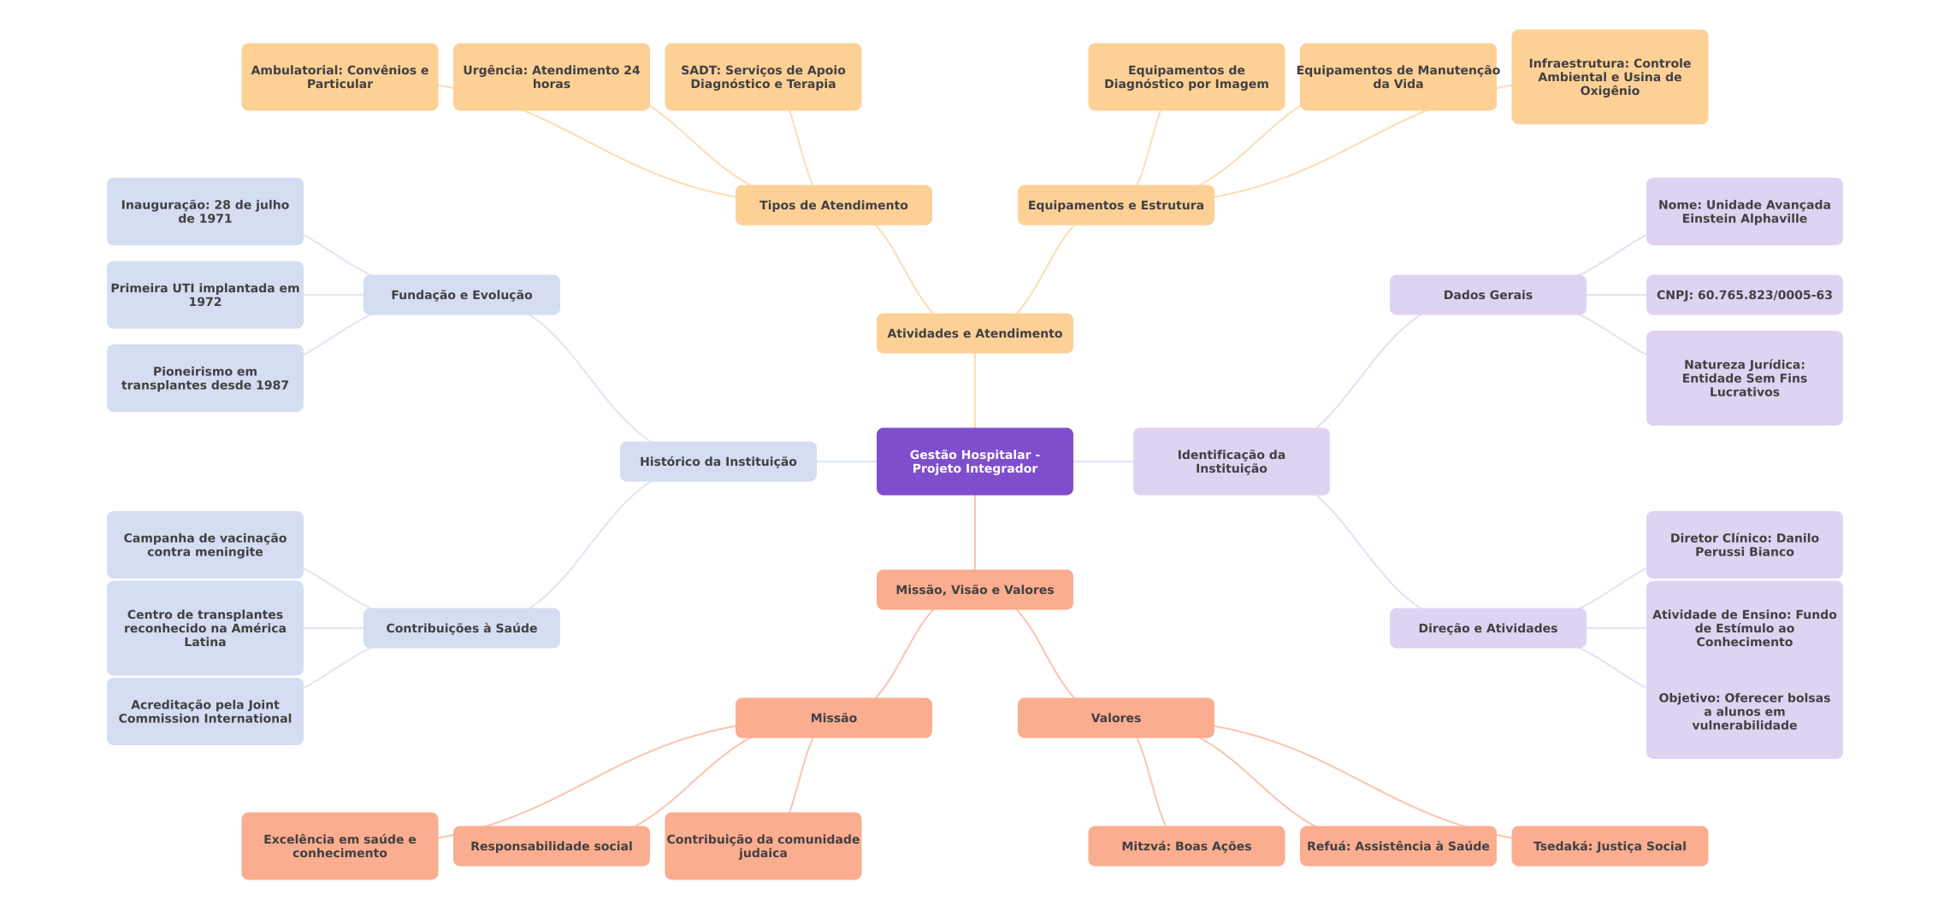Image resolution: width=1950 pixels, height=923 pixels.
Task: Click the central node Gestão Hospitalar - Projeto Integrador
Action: point(974,461)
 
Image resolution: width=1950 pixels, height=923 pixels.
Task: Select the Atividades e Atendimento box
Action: point(974,333)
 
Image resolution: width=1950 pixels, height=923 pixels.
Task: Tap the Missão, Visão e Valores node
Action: point(974,590)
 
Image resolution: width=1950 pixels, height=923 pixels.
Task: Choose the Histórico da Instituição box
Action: point(718,461)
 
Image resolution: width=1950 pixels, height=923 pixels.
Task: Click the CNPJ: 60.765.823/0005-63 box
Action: point(1744,295)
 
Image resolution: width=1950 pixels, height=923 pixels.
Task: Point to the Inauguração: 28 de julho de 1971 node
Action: point(204,211)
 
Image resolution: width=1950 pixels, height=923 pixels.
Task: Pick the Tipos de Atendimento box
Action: point(833,205)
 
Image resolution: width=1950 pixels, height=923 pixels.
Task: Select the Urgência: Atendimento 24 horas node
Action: point(551,77)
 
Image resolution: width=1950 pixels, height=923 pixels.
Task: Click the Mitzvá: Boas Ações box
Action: point(1185,846)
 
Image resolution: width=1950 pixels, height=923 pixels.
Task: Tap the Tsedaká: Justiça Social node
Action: point(1609,846)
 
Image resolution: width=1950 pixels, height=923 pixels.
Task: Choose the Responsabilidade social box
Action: point(551,846)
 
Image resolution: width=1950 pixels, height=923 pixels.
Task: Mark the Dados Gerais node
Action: point(1487,295)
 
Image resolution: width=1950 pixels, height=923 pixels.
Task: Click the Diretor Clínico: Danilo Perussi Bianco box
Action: point(1744,544)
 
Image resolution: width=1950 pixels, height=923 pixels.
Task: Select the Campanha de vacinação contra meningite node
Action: point(204,544)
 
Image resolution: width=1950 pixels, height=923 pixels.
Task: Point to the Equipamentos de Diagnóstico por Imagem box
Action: point(1185,77)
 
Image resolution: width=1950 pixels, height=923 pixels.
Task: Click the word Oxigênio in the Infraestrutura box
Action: point(1609,91)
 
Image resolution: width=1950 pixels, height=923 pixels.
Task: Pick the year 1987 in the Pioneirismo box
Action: point(272,385)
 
